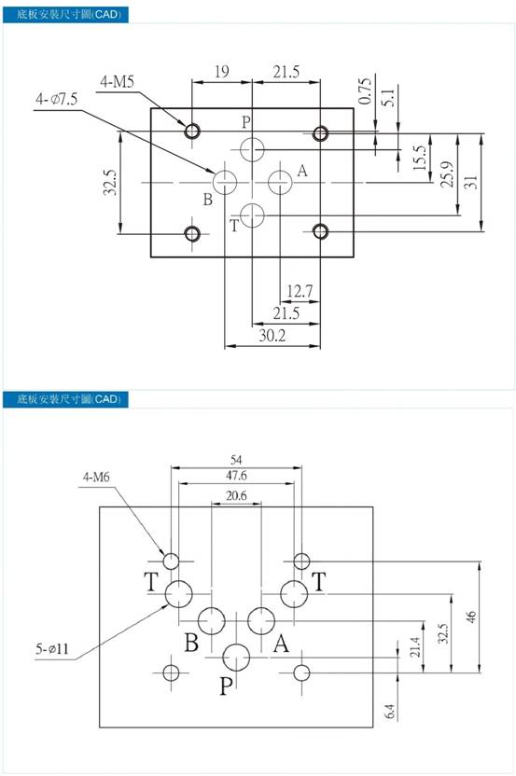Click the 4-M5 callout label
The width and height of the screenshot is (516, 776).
coord(117,82)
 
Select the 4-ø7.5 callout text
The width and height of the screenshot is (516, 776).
coord(57,100)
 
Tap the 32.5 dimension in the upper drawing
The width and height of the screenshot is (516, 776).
coord(110,182)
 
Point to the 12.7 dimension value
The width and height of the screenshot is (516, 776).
coord(300,291)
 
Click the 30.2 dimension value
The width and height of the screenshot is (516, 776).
coord(272,336)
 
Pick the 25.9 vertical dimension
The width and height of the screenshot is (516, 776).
coord(448,174)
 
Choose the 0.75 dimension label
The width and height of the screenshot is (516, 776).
coord(366,91)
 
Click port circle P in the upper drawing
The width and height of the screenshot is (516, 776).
coord(252,149)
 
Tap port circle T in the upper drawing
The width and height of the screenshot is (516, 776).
coord(252,215)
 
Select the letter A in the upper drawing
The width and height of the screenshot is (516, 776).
coord(302,172)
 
